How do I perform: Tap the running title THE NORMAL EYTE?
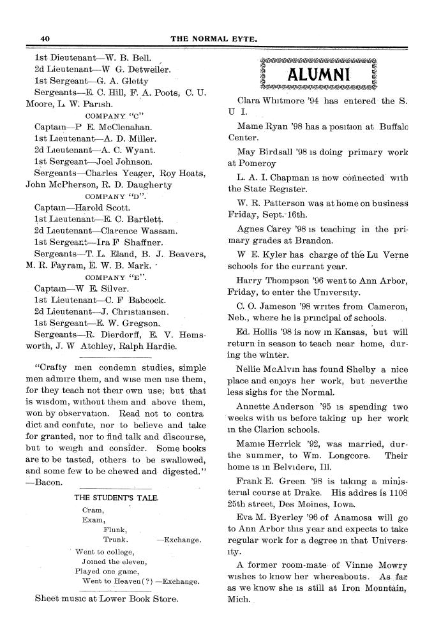tap(214, 39)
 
